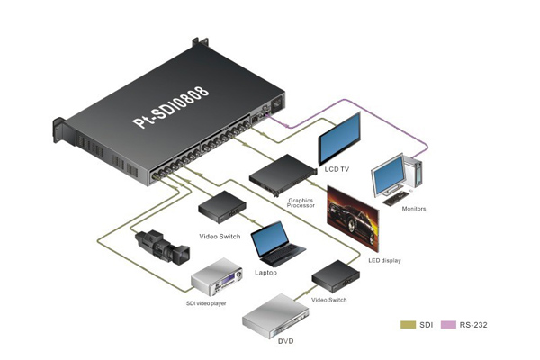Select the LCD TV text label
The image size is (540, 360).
click(334, 169)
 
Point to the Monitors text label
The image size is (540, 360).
click(414, 209)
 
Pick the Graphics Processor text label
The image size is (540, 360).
click(301, 202)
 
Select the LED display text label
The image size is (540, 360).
click(384, 260)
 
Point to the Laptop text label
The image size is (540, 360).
click(266, 271)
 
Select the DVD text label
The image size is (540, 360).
click(285, 342)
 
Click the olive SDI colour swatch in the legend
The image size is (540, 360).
click(408, 323)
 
